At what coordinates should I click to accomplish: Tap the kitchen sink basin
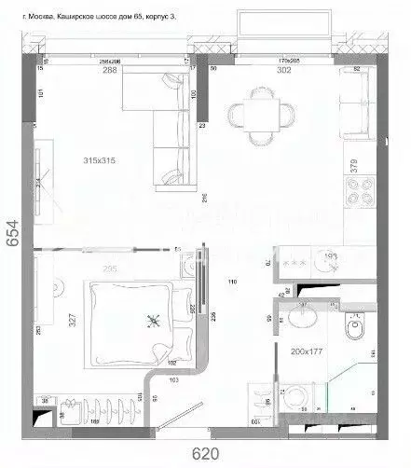point(331,262)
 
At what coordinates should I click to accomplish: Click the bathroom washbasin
point(301,321)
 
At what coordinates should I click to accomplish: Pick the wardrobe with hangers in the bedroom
point(93,409)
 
